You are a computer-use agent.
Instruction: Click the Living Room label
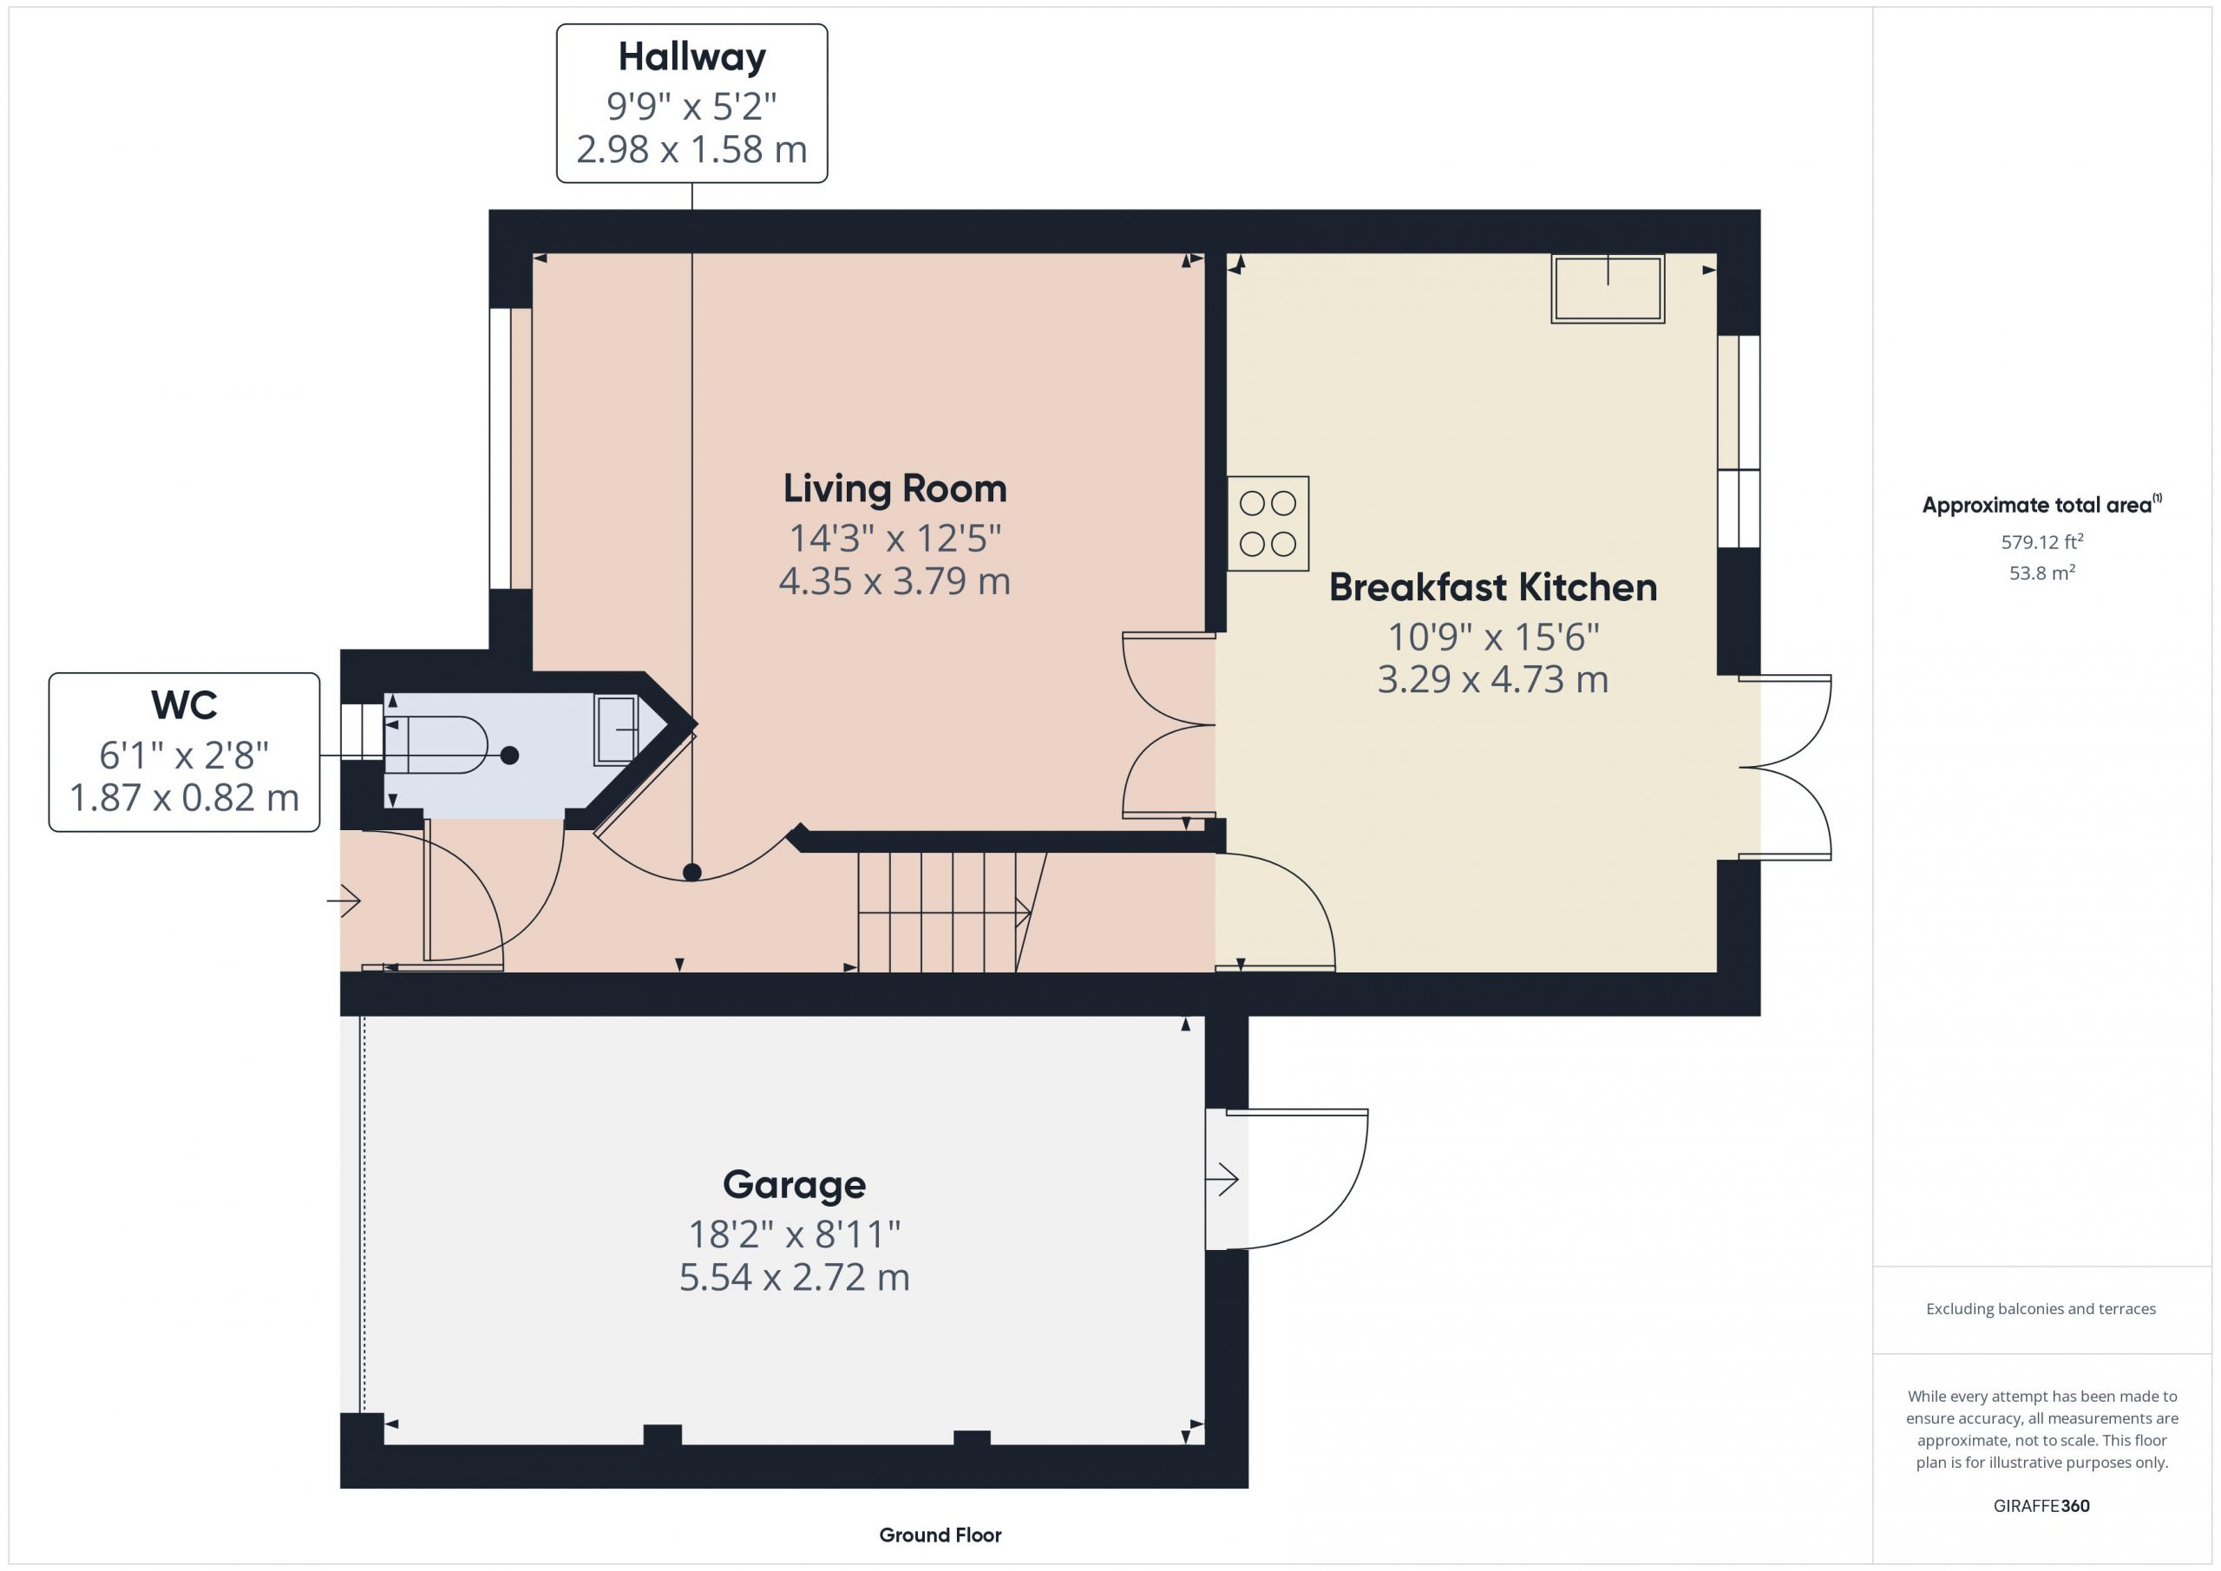pos(894,489)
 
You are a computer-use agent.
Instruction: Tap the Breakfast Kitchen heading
pos(1492,587)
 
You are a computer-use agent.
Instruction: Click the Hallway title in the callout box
pos(691,58)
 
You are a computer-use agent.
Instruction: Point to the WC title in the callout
pos(184,706)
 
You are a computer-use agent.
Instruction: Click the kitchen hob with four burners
pos(1268,523)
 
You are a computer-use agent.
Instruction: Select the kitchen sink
pos(1608,288)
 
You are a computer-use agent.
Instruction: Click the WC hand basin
pos(617,730)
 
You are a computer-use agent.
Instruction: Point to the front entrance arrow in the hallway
pos(344,901)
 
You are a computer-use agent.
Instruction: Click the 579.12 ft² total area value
pos(2041,541)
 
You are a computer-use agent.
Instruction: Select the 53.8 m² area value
pos(2041,573)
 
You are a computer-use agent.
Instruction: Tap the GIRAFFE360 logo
pos(2041,1506)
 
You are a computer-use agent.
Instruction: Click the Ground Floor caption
pos(940,1535)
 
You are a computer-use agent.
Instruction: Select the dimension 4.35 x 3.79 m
pos(894,581)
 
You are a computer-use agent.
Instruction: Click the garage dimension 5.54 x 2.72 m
pos(794,1278)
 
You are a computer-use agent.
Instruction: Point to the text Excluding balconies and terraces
pos(2041,1309)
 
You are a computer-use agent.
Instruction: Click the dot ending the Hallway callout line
pos(691,873)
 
